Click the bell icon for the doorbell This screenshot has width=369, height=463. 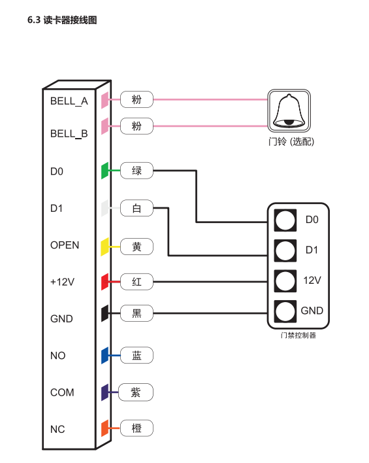[x=289, y=111]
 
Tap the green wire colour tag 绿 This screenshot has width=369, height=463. [x=136, y=171]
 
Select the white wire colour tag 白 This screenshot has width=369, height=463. [x=136, y=208]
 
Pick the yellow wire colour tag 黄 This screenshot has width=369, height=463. [x=136, y=247]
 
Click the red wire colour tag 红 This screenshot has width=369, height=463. [x=136, y=282]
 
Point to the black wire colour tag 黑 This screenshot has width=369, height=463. [x=136, y=313]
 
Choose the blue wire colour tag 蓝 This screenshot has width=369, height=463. [x=136, y=355]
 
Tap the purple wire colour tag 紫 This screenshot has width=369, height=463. [x=136, y=392]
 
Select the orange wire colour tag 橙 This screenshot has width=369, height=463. [x=136, y=428]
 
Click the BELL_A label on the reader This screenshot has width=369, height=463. [x=69, y=101]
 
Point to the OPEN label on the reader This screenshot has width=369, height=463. [x=65, y=245]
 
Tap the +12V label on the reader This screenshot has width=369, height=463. [x=62, y=282]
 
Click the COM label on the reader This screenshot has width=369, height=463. [x=62, y=392]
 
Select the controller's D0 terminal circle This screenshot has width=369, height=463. [x=285, y=220]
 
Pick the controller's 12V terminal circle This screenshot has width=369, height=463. [x=285, y=281]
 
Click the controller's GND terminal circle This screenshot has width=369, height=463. [x=285, y=311]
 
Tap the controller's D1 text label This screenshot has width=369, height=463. [x=312, y=250]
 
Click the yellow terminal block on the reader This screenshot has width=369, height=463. [x=105, y=247]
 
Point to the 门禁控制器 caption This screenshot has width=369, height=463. [x=298, y=335]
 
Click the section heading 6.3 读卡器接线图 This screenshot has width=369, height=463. [x=62, y=20]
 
